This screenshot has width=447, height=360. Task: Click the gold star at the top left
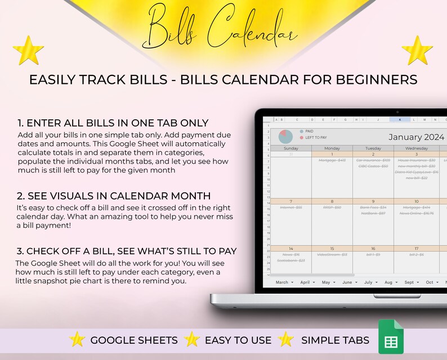click(28, 50)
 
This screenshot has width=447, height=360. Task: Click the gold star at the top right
click(418, 50)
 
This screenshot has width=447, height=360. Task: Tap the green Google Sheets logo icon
click(391, 337)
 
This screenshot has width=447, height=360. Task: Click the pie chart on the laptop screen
click(286, 136)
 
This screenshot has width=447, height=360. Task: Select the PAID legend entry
click(309, 131)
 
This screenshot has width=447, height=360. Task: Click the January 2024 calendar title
click(416, 137)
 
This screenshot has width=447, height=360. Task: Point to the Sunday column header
click(291, 148)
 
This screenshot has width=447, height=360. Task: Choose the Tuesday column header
click(373, 148)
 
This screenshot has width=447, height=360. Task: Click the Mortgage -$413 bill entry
click(332, 160)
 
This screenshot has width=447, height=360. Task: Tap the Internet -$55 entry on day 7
click(291, 208)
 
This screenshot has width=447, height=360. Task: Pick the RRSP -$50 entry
click(332, 208)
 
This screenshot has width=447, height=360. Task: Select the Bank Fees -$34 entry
click(374, 208)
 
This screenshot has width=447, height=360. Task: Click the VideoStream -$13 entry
click(332, 254)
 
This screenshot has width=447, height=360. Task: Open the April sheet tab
click(307, 282)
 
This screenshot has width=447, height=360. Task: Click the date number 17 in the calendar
click(415, 248)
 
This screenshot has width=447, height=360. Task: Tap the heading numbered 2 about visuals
click(114, 196)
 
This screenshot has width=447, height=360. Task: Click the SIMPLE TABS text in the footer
click(335, 340)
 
